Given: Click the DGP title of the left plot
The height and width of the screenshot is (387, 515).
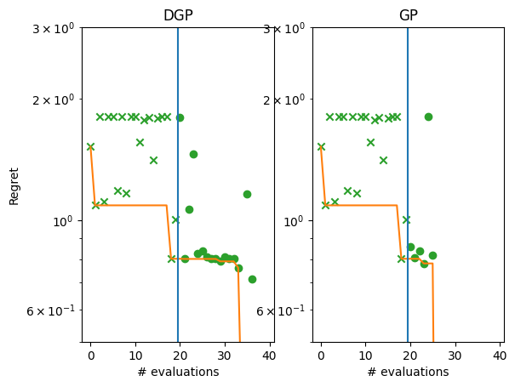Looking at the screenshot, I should (177, 15).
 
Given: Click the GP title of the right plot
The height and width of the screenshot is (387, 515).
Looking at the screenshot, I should (408, 15).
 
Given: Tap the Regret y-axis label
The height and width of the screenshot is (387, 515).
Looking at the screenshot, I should (14, 185).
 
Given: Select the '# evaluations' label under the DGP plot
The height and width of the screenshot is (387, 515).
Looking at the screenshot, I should (177, 372).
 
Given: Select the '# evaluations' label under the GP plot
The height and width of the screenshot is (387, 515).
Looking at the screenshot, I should (408, 372).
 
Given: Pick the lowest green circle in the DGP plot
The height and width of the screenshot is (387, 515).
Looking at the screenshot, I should (252, 279).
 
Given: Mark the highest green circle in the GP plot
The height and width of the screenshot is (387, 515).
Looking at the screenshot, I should (428, 117).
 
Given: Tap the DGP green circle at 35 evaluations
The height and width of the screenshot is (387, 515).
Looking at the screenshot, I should (247, 194).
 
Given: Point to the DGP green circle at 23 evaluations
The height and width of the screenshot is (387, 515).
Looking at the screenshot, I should (193, 154).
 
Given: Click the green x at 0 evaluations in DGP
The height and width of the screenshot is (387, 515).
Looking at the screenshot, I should (90, 146).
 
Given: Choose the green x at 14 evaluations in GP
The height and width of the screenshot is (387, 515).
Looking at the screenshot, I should (383, 160).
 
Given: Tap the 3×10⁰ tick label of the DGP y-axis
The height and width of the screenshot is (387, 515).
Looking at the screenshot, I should (55, 28).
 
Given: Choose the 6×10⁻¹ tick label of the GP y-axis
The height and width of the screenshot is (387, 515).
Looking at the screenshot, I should (286, 310).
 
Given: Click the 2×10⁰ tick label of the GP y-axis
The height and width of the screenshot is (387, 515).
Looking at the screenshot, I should (286, 100).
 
